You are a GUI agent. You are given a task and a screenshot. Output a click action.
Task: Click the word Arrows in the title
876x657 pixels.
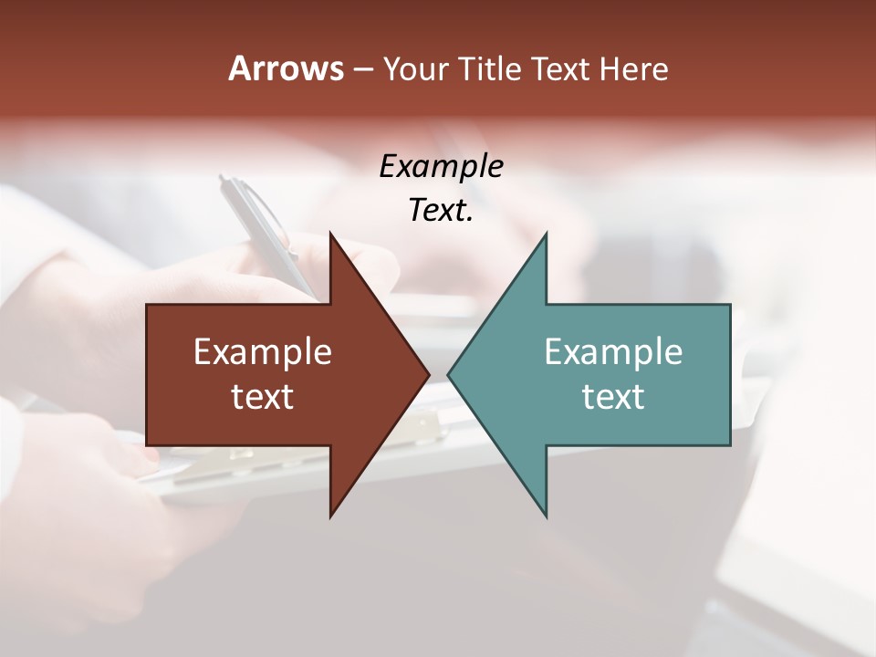pos(286,68)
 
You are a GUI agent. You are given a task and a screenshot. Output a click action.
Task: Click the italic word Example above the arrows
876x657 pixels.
pos(441,166)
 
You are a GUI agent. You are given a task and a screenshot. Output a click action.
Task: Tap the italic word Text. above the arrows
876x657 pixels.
pos(441,210)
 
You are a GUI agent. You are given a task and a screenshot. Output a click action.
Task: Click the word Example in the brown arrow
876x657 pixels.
pos(263,351)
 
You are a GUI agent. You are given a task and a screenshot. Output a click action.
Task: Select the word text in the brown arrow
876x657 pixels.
pos(263,396)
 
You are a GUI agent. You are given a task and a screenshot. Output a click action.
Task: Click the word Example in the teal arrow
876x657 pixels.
pos(613,351)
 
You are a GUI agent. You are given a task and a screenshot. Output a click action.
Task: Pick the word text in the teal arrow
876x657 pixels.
pos(613,396)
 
